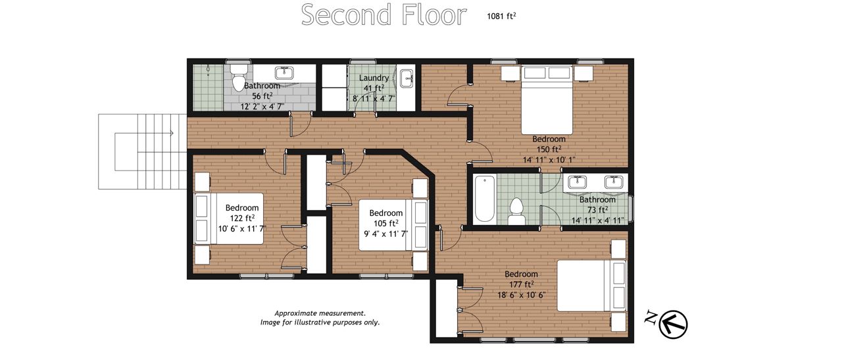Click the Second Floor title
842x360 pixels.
[x=384, y=15]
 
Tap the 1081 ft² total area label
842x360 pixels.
[x=501, y=16]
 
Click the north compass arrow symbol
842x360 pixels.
[x=673, y=324]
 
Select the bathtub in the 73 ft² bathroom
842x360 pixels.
[x=485, y=198]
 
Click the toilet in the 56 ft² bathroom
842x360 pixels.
[x=238, y=78]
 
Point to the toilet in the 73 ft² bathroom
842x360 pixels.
[x=516, y=211]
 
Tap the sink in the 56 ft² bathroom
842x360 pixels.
[x=284, y=72]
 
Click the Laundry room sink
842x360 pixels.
[x=407, y=78]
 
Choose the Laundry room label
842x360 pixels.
[x=374, y=78]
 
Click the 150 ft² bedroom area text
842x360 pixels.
[x=549, y=149]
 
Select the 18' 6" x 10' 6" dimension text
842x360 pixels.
[x=522, y=296]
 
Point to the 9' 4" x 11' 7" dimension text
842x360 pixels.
[x=385, y=234]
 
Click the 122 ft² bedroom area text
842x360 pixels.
[x=242, y=219]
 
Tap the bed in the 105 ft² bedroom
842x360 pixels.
[x=393, y=225]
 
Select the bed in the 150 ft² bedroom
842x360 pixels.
[x=547, y=99]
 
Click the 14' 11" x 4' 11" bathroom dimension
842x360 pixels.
[x=598, y=220]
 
